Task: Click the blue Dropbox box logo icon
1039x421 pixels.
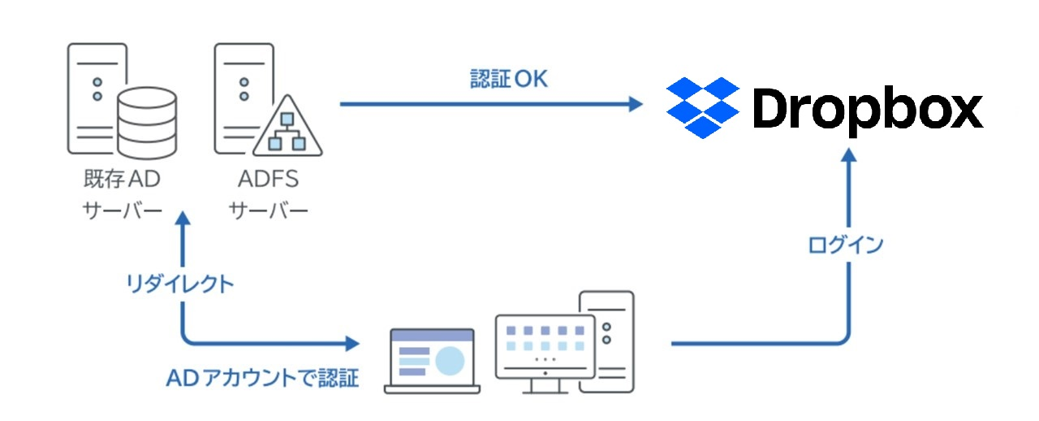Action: (x=702, y=107)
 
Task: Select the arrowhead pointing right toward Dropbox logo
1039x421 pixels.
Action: (x=633, y=104)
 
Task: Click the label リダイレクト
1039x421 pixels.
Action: (x=180, y=284)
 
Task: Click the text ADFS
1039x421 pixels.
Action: (x=268, y=178)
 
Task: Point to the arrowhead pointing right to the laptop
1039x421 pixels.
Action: (x=352, y=343)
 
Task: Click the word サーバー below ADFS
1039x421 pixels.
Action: (x=268, y=210)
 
